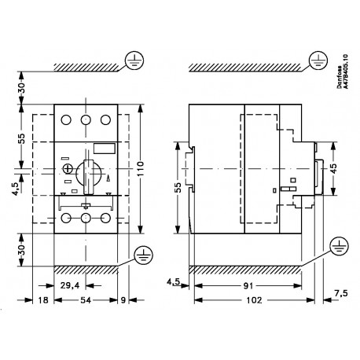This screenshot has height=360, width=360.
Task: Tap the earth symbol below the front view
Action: click(142, 254)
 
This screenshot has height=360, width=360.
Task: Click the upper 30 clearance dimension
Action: click(21, 85)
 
